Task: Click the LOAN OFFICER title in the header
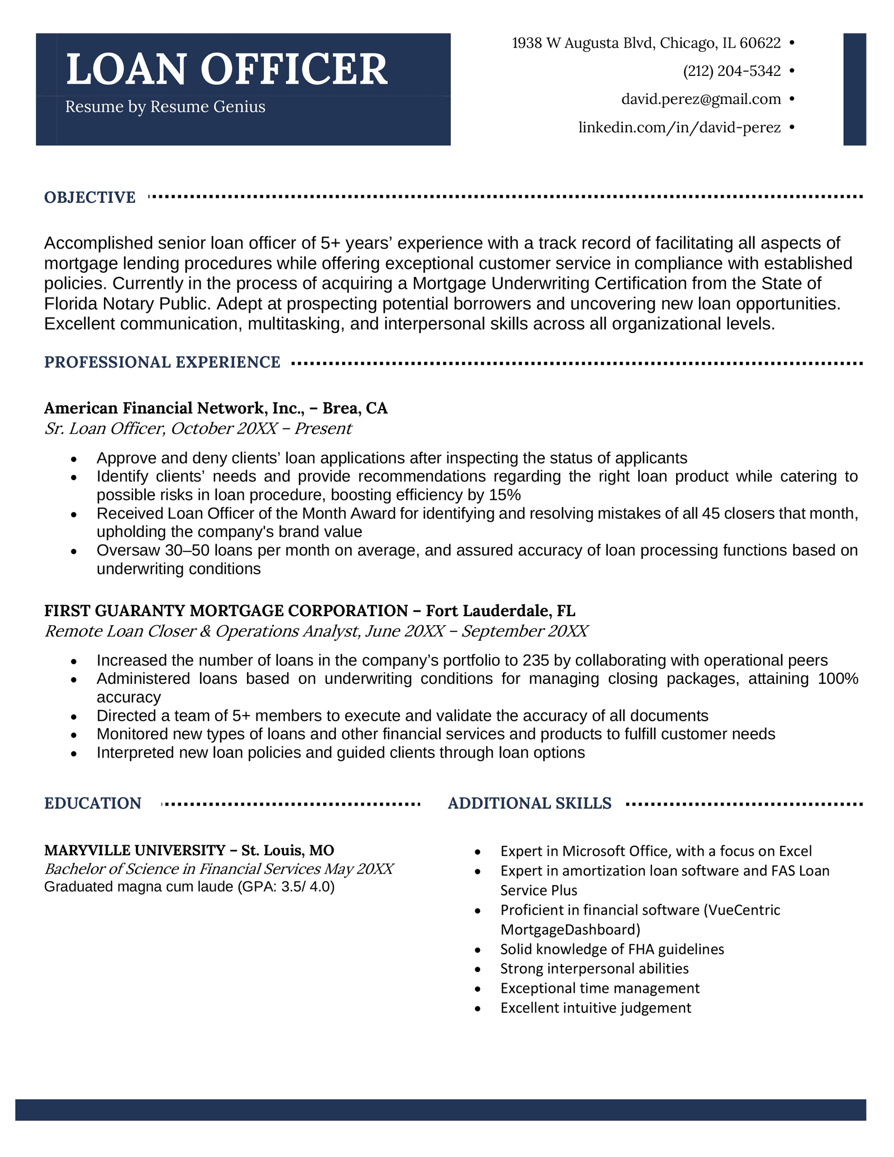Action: tap(226, 70)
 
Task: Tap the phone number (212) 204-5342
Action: tap(731, 71)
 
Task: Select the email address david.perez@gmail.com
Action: tap(701, 99)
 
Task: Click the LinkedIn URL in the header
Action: tap(679, 128)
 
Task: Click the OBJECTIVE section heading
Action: tap(90, 198)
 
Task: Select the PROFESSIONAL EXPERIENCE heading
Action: tap(162, 363)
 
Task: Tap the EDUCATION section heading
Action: tap(93, 803)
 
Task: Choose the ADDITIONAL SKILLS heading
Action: tap(529, 803)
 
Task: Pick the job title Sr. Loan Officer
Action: tap(104, 428)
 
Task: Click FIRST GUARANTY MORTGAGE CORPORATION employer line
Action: tap(226, 611)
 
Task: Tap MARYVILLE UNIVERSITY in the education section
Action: tap(134, 850)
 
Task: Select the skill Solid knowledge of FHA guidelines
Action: tap(612, 949)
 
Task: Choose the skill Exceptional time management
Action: tap(600, 988)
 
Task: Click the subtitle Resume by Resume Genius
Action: tap(165, 107)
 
